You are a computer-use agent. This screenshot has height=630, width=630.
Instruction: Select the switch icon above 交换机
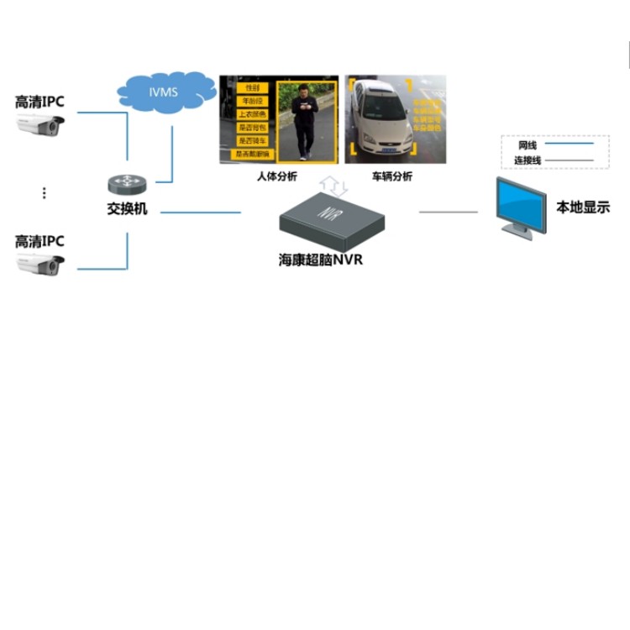pyautogui.click(x=126, y=185)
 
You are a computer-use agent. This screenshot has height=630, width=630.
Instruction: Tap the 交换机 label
pyautogui.click(x=127, y=208)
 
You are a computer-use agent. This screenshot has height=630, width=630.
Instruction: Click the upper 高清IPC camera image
pyautogui.click(x=40, y=128)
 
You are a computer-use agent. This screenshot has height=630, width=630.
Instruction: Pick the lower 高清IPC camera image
pyautogui.click(x=40, y=265)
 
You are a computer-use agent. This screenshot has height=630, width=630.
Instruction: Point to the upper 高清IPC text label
pyautogui.click(x=39, y=102)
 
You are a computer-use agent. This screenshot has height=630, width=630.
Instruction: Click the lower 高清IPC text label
pyautogui.click(x=39, y=241)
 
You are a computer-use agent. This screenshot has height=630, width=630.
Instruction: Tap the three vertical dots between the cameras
pyautogui.click(x=44, y=193)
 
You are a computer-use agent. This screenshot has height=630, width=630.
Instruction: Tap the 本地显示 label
pyautogui.click(x=583, y=207)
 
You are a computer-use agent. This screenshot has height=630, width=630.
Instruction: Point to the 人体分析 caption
pyautogui.click(x=277, y=177)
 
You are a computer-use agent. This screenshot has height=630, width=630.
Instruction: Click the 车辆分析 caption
pyautogui.click(x=391, y=177)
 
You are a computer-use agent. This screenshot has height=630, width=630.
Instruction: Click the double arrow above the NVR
pyautogui.click(x=333, y=185)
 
